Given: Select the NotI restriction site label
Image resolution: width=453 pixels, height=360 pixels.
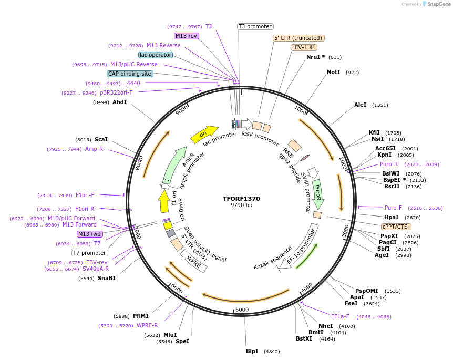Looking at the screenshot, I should click(333, 72).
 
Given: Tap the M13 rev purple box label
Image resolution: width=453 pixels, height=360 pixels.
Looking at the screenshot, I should click(187, 36).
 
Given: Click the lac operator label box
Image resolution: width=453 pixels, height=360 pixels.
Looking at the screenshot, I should click(156, 55).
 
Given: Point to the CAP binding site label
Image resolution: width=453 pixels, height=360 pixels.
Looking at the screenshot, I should click(130, 74).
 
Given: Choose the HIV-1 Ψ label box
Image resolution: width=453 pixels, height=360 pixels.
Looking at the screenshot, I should click(304, 47).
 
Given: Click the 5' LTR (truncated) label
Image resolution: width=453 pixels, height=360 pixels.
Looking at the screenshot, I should click(298, 38).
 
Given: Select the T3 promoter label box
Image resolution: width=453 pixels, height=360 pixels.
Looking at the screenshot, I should click(255, 26).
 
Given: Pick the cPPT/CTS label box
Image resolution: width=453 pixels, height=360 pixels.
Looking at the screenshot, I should click(395, 227).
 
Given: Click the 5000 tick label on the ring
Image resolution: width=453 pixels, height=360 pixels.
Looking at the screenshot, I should click(242, 310).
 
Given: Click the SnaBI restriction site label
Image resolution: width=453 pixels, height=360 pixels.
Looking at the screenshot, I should click(106, 278).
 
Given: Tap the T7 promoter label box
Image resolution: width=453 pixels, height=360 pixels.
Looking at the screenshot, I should click(90, 253).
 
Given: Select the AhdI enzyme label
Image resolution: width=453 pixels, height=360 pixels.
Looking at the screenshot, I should click(119, 102).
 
